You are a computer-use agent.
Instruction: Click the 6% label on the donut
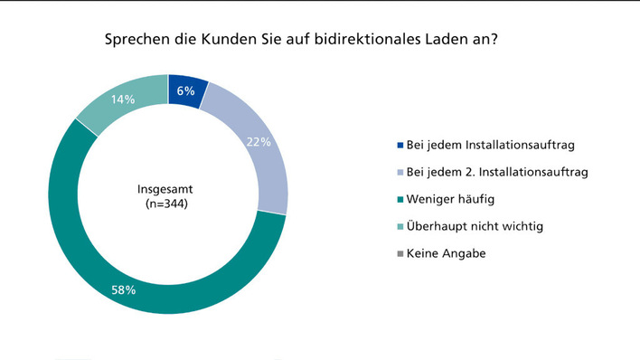pos(184,90)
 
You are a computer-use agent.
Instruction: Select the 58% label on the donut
pos(123,290)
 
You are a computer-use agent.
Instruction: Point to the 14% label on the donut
pos(118,99)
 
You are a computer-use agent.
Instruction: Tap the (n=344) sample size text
pos(167,205)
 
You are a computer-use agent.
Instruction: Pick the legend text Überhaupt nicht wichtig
pos(475,226)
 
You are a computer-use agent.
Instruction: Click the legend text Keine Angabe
pos(446,253)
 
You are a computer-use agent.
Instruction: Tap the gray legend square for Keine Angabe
pos(400,254)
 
